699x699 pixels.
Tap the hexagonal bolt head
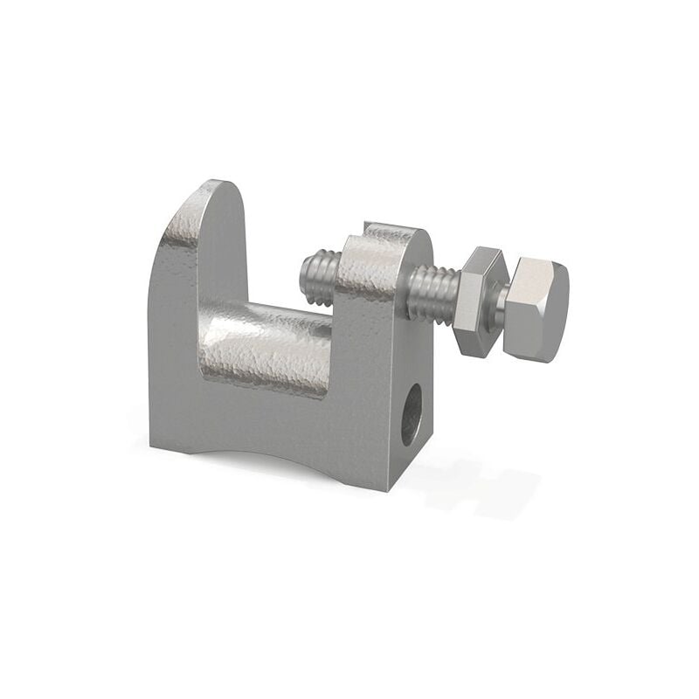pyautogui.click(x=535, y=310)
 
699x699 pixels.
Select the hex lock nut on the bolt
pyautogui.click(x=477, y=301)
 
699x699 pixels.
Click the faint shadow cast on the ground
pyautogui.click(x=472, y=481)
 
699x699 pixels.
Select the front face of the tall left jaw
pyautogui.click(x=175, y=349)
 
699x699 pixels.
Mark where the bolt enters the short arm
pyautogui.click(x=408, y=293)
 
